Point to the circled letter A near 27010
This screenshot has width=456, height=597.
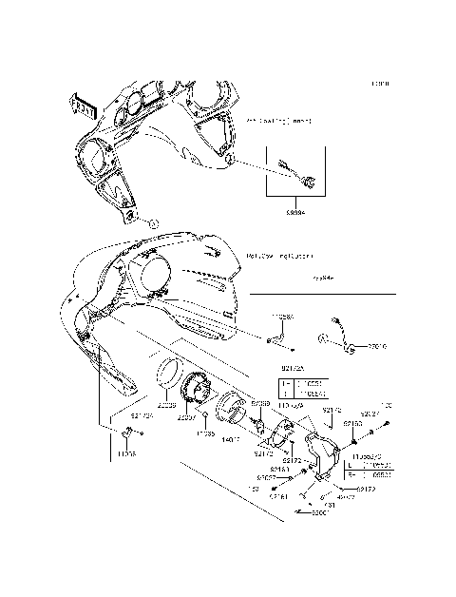point(324,338)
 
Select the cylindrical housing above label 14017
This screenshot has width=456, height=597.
point(231,412)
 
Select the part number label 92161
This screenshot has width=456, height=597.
point(278,496)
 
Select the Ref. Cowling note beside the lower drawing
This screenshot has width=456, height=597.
point(281,256)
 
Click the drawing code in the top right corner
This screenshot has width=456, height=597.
point(379,84)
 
